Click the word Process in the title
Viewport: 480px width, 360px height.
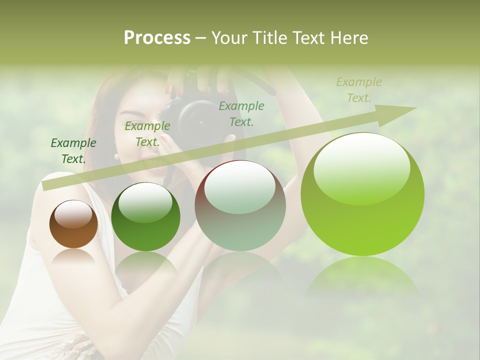click(157, 38)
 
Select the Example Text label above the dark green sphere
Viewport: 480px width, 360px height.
click(147, 134)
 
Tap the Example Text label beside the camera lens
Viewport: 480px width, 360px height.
click(241, 114)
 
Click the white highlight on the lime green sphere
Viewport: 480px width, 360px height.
click(361, 167)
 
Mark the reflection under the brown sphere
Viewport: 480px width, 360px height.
click(73, 257)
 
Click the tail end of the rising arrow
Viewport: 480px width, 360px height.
click(47, 185)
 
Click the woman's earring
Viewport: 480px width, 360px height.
click(116, 156)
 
